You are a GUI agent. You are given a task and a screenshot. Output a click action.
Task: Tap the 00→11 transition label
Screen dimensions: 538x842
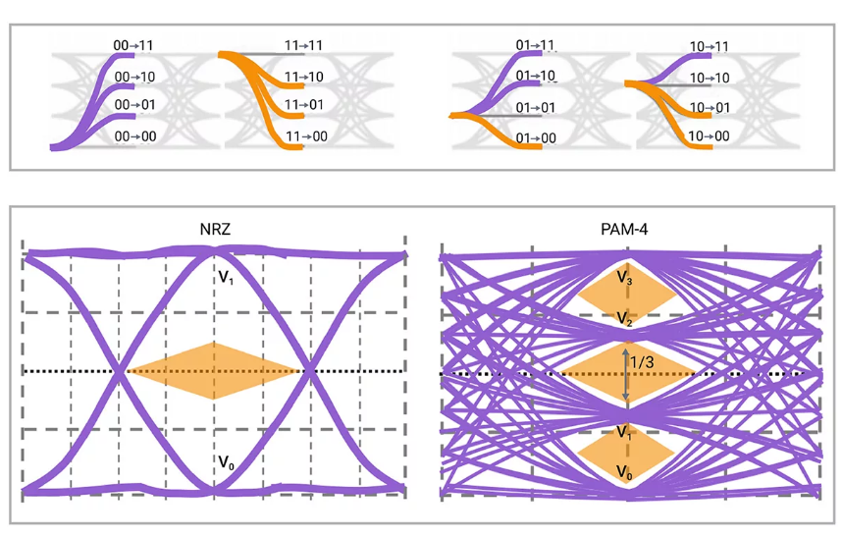(132, 44)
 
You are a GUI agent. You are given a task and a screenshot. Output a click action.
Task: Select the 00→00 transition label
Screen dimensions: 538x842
(135, 136)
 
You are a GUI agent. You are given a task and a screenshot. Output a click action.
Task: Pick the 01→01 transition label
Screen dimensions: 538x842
(537, 107)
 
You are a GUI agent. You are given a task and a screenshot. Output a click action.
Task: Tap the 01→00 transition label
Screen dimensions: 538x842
(536, 138)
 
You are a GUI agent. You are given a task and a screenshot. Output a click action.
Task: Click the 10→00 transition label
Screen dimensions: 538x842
(709, 136)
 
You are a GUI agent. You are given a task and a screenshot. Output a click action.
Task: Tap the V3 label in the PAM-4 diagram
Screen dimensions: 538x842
(624, 279)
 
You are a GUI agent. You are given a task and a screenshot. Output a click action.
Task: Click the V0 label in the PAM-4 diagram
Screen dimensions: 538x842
(624, 473)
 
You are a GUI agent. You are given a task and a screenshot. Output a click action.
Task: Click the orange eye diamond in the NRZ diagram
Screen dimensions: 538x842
(214, 370)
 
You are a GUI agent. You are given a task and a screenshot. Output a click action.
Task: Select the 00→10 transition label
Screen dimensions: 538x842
(135, 76)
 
